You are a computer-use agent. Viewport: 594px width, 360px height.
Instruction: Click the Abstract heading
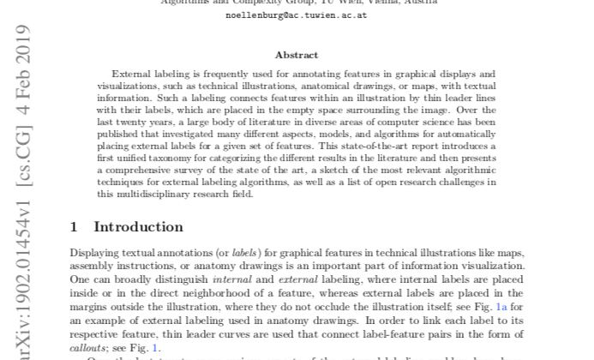click(297, 54)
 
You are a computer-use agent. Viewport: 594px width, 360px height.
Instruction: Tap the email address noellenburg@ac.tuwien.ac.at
click(297, 15)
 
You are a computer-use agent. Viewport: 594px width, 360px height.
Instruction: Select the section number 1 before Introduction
click(74, 227)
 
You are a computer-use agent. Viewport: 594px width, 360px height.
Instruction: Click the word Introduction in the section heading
click(138, 227)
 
